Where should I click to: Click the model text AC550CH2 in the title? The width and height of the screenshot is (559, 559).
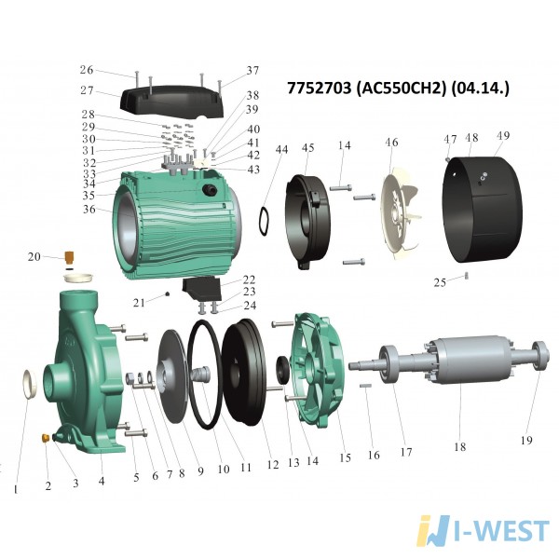click(x=401, y=88)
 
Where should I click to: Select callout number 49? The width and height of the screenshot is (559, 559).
click(x=503, y=136)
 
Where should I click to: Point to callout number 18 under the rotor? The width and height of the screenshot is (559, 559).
click(x=460, y=446)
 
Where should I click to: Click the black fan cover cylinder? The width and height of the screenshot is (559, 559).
click(x=482, y=210)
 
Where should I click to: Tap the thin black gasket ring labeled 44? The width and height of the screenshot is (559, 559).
click(x=265, y=221)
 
